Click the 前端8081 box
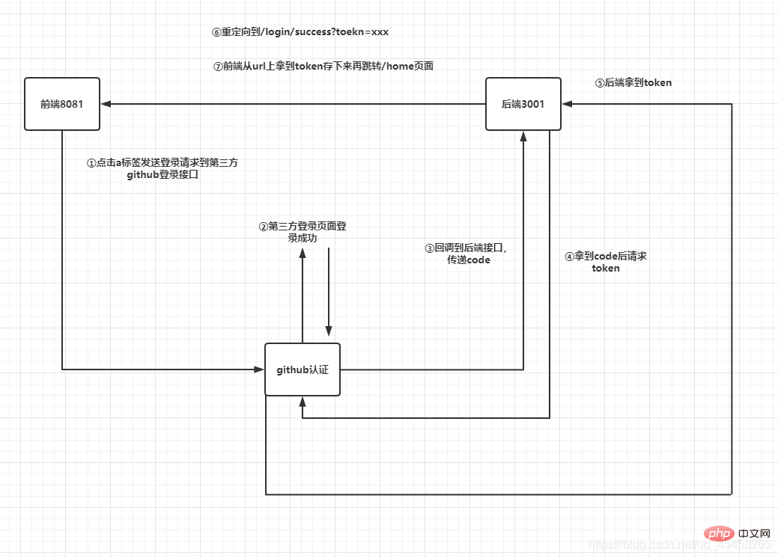[x=61, y=104]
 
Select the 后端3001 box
[x=523, y=104]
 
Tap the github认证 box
[x=303, y=370]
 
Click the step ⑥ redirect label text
[x=300, y=32]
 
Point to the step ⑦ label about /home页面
[x=323, y=66]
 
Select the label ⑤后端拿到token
[x=633, y=83]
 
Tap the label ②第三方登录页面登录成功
[x=302, y=231]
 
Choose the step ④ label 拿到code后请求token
[x=605, y=262]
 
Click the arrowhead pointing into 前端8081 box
[x=106, y=104]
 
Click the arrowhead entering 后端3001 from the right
[x=567, y=104]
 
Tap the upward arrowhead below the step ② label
[x=303, y=253]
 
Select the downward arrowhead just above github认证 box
[x=328, y=331]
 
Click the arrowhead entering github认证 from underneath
[x=303, y=402]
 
